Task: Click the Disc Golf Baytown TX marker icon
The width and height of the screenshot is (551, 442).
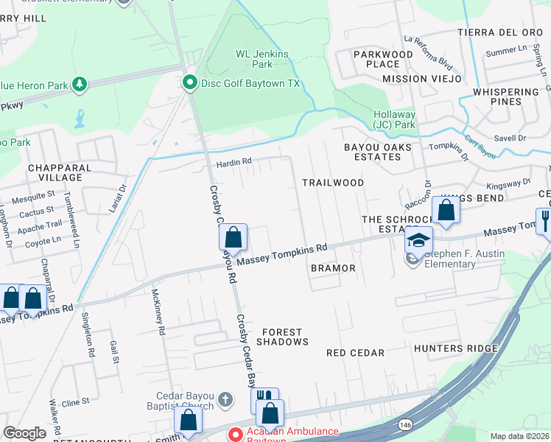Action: click(x=190, y=83)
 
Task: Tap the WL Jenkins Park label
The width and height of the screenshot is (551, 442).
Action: click(x=253, y=59)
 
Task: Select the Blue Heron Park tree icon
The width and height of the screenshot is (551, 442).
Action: click(x=79, y=85)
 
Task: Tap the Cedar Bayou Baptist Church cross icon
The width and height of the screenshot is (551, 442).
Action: click(x=225, y=400)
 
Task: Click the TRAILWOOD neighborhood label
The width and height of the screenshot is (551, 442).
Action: click(x=333, y=182)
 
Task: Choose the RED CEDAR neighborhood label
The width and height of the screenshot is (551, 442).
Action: click(x=355, y=353)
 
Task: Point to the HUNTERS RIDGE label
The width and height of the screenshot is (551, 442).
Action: click(x=456, y=348)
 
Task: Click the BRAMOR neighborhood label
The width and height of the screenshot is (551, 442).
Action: click(x=332, y=268)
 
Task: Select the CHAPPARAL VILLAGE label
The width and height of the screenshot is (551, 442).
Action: click(x=55, y=172)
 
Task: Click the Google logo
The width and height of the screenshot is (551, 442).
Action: click(x=24, y=433)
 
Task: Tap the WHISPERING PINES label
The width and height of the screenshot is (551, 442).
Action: click(x=506, y=97)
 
